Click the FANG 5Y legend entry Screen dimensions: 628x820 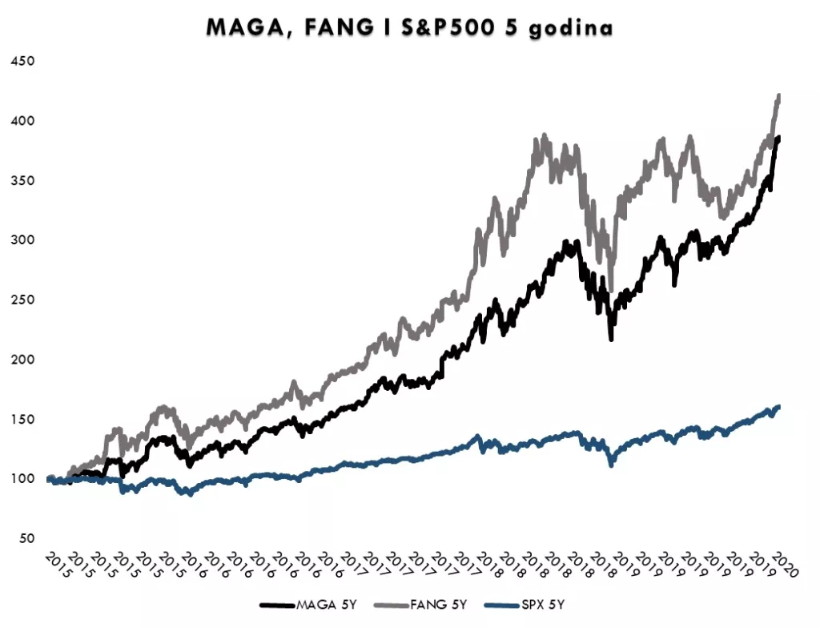coord(428,604)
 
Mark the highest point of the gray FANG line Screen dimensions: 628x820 coord(779,95)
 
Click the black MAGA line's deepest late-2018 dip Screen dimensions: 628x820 coord(611,339)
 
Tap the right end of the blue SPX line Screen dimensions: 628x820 coord(778,407)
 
